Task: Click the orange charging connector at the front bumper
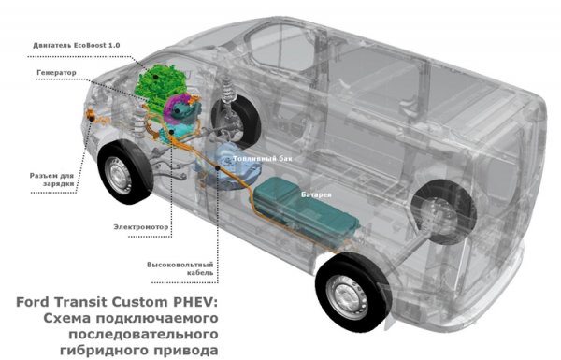(92, 116)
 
